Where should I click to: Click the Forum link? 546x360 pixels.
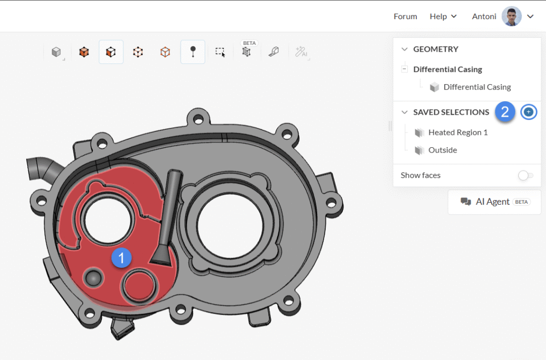click(405, 17)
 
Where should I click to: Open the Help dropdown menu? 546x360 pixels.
click(443, 17)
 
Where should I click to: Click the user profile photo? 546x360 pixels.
click(511, 17)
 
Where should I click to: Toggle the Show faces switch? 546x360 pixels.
click(525, 175)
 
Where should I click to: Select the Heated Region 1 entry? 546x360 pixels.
click(457, 132)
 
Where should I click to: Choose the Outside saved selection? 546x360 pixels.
click(443, 150)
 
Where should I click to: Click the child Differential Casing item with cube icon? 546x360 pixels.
click(477, 87)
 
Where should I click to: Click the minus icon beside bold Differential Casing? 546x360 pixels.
click(405, 69)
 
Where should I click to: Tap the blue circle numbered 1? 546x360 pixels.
click(121, 258)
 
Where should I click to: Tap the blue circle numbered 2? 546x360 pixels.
click(505, 112)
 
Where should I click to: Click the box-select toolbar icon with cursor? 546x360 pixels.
click(220, 52)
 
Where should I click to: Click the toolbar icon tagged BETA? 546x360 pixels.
click(246, 52)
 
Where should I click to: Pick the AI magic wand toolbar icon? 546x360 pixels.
click(301, 52)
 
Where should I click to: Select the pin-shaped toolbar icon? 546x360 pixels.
click(192, 52)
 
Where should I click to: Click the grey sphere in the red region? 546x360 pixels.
click(93, 278)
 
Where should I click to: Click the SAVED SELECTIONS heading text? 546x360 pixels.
click(451, 112)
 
